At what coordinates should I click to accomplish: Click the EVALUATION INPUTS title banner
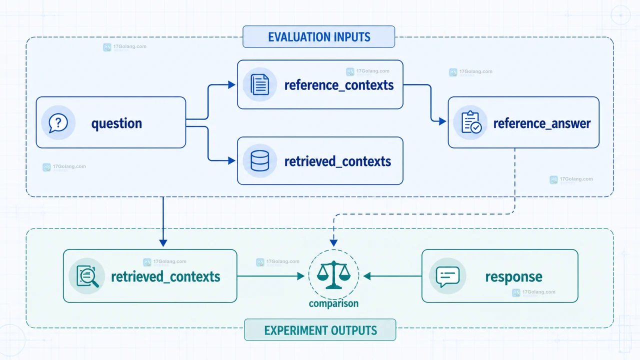tap(319, 36)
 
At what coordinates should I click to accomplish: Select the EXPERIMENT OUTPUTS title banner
tap(320, 330)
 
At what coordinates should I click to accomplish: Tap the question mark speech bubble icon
tap(58, 123)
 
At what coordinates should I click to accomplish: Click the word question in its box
tap(116, 123)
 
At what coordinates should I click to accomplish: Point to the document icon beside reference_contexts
tap(259, 84)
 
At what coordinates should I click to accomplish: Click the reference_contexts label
tap(339, 85)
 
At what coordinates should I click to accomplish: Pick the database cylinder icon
tap(259, 161)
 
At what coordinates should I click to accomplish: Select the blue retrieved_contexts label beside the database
tap(337, 161)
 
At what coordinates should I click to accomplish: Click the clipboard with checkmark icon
tap(471, 122)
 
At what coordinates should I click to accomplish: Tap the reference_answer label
tap(541, 123)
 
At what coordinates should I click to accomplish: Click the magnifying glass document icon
tap(87, 276)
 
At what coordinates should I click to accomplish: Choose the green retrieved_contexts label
tap(165, 276)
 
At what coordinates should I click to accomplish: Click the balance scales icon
tap(333, 274)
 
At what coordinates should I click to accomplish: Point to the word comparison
tap(333, 303)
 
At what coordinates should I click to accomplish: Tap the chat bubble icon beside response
tap(447, 276)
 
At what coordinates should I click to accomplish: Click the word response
tap(513, 277)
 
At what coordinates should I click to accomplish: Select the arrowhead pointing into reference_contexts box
tap(231, 85)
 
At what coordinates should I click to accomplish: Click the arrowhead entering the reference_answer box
tap(442, 121)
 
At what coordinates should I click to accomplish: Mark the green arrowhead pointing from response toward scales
tap(367, 276)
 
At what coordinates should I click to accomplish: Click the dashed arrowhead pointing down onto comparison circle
tap(333, 243)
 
